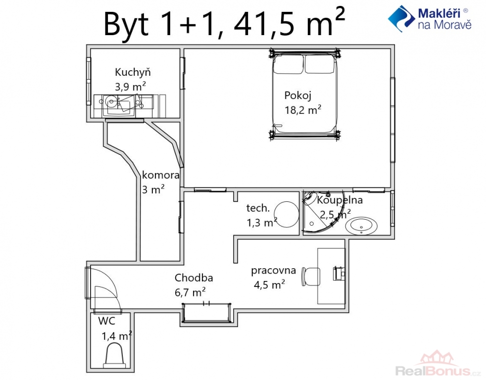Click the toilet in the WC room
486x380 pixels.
tap(114, 355)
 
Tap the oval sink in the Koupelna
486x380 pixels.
tap(361, 226)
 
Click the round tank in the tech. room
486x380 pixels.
tap(287, 215)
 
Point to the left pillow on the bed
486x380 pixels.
tap(288, 64)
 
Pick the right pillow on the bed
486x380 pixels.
tap(320, 64)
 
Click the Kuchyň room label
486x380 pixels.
tap(133, 72)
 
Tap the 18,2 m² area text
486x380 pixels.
tap(303, 110)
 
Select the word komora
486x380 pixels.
tap(160, 175)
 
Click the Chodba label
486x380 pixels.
tap(194, 278)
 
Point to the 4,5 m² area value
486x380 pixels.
tap(269, 284)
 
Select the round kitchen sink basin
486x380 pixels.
tap(111, 101)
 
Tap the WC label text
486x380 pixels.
tap(106, 321)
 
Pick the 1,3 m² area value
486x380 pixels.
tap(262, 222)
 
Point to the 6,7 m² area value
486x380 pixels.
tap(190, 292)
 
